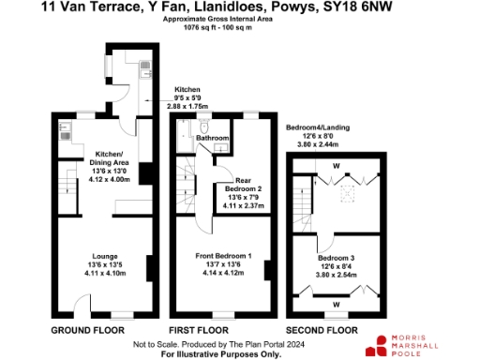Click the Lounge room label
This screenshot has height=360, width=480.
click(x=103, y=256)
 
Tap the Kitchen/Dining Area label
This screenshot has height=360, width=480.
click(x=103, y=157)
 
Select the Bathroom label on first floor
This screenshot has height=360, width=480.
click(x=212, y=139)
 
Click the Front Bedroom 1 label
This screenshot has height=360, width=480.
click(x=222, y=256)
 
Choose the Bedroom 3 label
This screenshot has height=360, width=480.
click(x=335, y=257)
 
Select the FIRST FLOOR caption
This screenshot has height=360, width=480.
click(x=198, y=331)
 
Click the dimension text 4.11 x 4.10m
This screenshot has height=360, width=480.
click(x=103, y=273)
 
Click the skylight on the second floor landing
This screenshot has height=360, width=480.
click(x=347, y=193)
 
